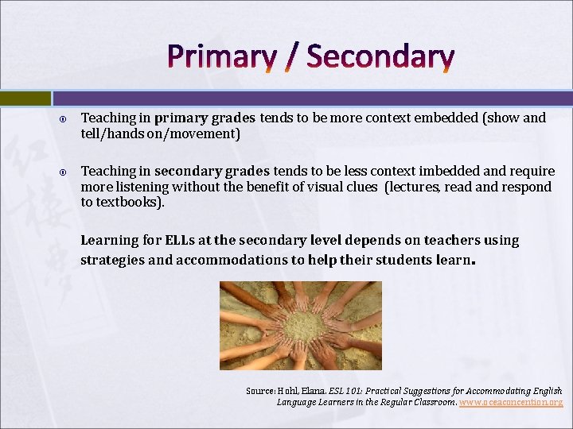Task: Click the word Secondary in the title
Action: [380, 57]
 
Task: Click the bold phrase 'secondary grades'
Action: [212, 172]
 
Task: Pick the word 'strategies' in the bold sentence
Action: [112, 260]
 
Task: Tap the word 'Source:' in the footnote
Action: [260, 391]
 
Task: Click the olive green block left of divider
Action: [25, 98]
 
